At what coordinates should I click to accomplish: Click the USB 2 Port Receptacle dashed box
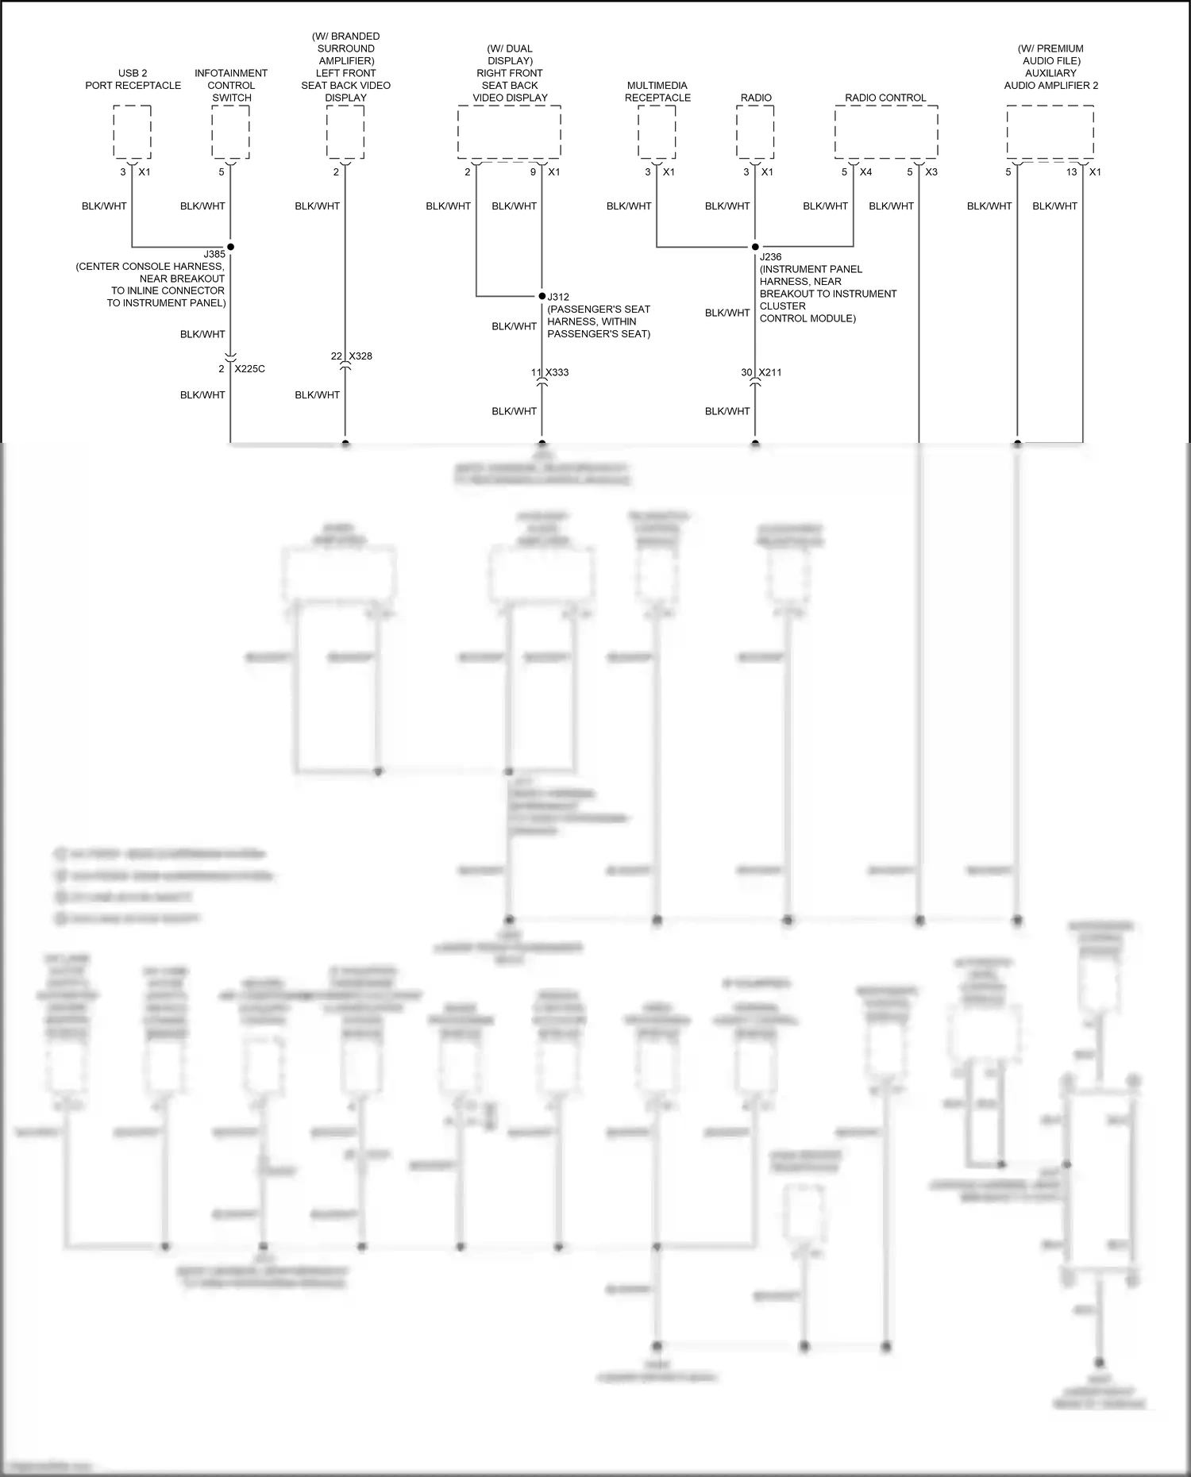(x=132, y=132)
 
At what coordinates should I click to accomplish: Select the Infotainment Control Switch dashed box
(x=230, y=132)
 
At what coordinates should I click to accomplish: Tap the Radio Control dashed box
(x=886, y=132)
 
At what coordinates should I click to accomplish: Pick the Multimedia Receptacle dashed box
(x=657, y=132)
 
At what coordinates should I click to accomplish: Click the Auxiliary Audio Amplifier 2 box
(x=1050, y=132)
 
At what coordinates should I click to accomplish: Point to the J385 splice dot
(x=230, y=247)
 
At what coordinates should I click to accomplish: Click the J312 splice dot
(x=542, y=296)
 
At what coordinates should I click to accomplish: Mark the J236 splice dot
(x=755, y=247)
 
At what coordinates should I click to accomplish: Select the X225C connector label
(x=249, y=369)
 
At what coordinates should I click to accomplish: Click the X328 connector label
(x=360, y=356)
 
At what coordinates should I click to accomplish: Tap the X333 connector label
(x=557, y=372)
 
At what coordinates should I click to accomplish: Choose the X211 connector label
(x=770, y=372)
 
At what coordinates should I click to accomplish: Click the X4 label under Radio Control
(x=865, y=171)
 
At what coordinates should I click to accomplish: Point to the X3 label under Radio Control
(x=931, y=171)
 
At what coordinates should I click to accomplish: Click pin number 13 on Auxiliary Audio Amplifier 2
(x=1071, y=171)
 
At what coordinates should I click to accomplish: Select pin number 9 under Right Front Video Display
(x=534, y=171)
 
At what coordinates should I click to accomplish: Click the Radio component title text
(x=756, y=98)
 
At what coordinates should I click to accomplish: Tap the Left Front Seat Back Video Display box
(x=345, y=132)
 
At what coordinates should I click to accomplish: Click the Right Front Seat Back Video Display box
(x=509, y=132)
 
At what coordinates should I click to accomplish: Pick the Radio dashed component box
(x=755, y=132)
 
